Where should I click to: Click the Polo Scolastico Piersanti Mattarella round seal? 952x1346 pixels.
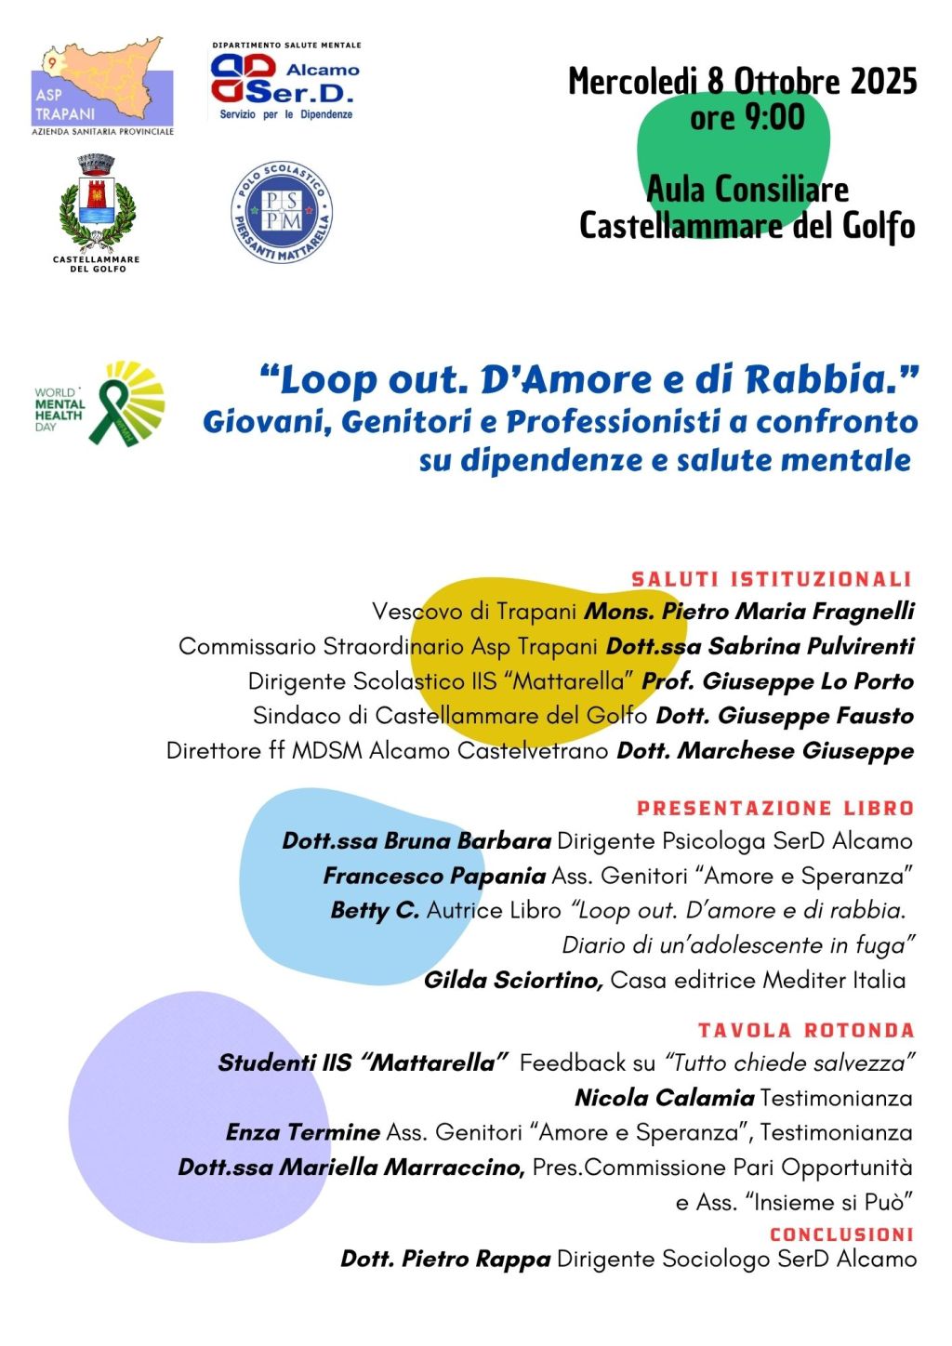click(282, 213)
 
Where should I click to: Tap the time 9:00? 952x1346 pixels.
click(771, 118)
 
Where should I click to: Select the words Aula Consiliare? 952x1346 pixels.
click(747, 190)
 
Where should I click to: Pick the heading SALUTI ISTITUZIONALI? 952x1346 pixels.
click(771, 579)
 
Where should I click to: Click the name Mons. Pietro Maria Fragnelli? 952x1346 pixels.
click(749, 611)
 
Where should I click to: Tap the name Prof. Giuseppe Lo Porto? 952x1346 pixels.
click(777, 681)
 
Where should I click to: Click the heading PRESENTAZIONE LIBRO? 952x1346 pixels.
click(775, 808)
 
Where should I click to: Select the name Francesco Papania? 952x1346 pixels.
click(434, 876)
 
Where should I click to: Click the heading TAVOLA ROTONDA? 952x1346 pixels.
click(806, 1030)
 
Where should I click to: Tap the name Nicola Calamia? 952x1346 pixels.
click(664, 1098)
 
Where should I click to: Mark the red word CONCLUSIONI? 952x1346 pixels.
click(841, 1234)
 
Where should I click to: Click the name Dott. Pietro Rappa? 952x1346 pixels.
click(445, 1260)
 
